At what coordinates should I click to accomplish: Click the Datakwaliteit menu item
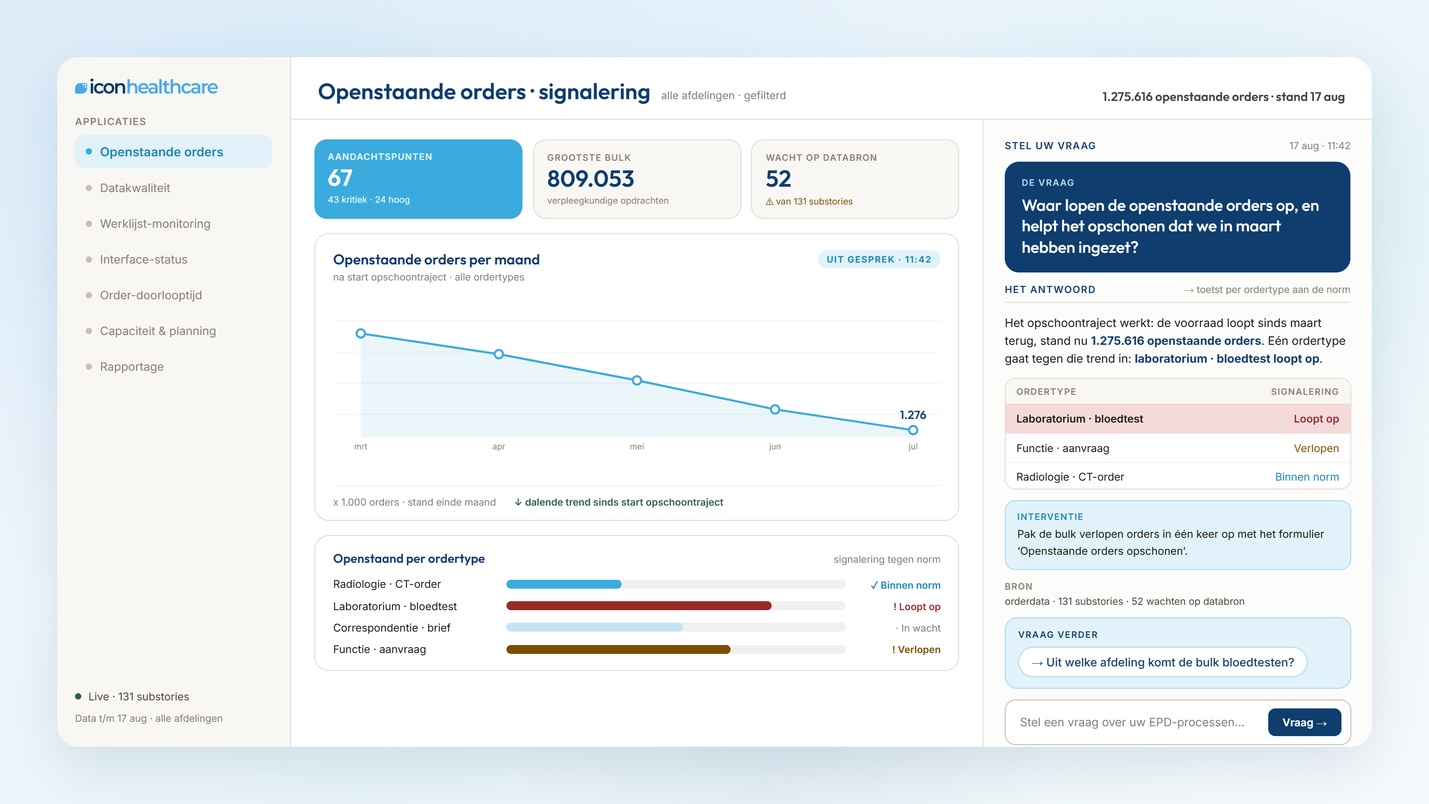pyautogui.click(x=135, y=188)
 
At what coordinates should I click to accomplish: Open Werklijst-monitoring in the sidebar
pyautogui.click(x=155, y=224)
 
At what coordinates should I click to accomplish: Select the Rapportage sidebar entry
pyautogui.click(x=131, y=367)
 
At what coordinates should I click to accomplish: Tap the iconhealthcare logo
pyautogui.click(x=146, y=87)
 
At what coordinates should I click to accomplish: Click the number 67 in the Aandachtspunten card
pyautogui.click(x=340, y=178)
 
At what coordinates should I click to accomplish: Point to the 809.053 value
pyautogui.click(x=590, y=179)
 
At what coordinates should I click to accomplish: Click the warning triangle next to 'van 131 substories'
pyautogui.click(x=769, y=202)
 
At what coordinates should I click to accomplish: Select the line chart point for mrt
pyautogui.click(x=360, y=334)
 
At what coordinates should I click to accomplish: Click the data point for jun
pyautogui.click(x=775, y=410)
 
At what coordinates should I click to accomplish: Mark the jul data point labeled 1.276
pyautogui.click(x=913, y=430)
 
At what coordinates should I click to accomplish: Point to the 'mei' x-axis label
pyautogui.click(x=637, y=447)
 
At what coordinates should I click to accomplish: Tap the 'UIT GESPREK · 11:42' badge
pyautogui.click(x=879, y=260)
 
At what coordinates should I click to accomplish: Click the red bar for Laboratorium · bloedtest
pyautogui.click(x=639, y=606)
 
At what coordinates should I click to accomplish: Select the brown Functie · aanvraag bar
pyautogui.click(x=618, y=649)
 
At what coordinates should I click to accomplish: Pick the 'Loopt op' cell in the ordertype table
pyautogui.click(x=1316, y=419)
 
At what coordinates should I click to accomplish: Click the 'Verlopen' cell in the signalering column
pyautogui.click(x=1316, y=448)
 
